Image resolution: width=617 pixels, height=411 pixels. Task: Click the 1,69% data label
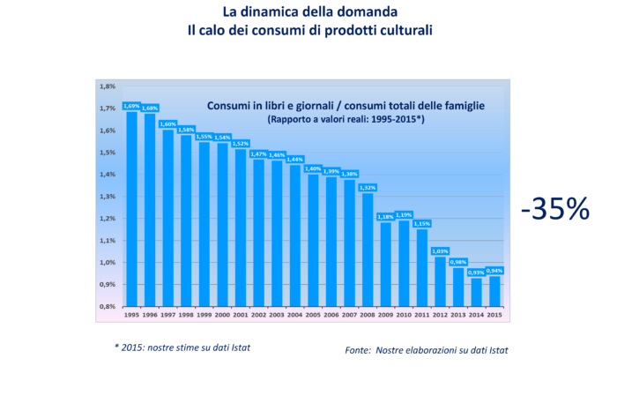(131, 106)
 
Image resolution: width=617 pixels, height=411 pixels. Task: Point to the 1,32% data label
(368, 187)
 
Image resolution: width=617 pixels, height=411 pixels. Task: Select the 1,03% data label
(441, 251)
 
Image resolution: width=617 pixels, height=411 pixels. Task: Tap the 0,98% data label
(459, 262)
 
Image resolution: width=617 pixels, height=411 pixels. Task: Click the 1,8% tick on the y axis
(108, 86)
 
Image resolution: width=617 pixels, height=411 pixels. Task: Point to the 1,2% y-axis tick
(108, 218)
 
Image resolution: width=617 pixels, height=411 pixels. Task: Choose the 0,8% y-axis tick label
(108, 306)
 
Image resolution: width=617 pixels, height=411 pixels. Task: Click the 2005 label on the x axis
(314, 315)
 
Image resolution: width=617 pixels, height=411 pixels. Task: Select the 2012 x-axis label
(441, 315)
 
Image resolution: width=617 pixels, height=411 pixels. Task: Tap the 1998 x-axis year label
(186, 315)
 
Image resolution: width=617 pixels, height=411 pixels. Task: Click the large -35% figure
(555, 208)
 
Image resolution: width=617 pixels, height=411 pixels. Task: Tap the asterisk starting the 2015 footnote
(116, 347)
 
